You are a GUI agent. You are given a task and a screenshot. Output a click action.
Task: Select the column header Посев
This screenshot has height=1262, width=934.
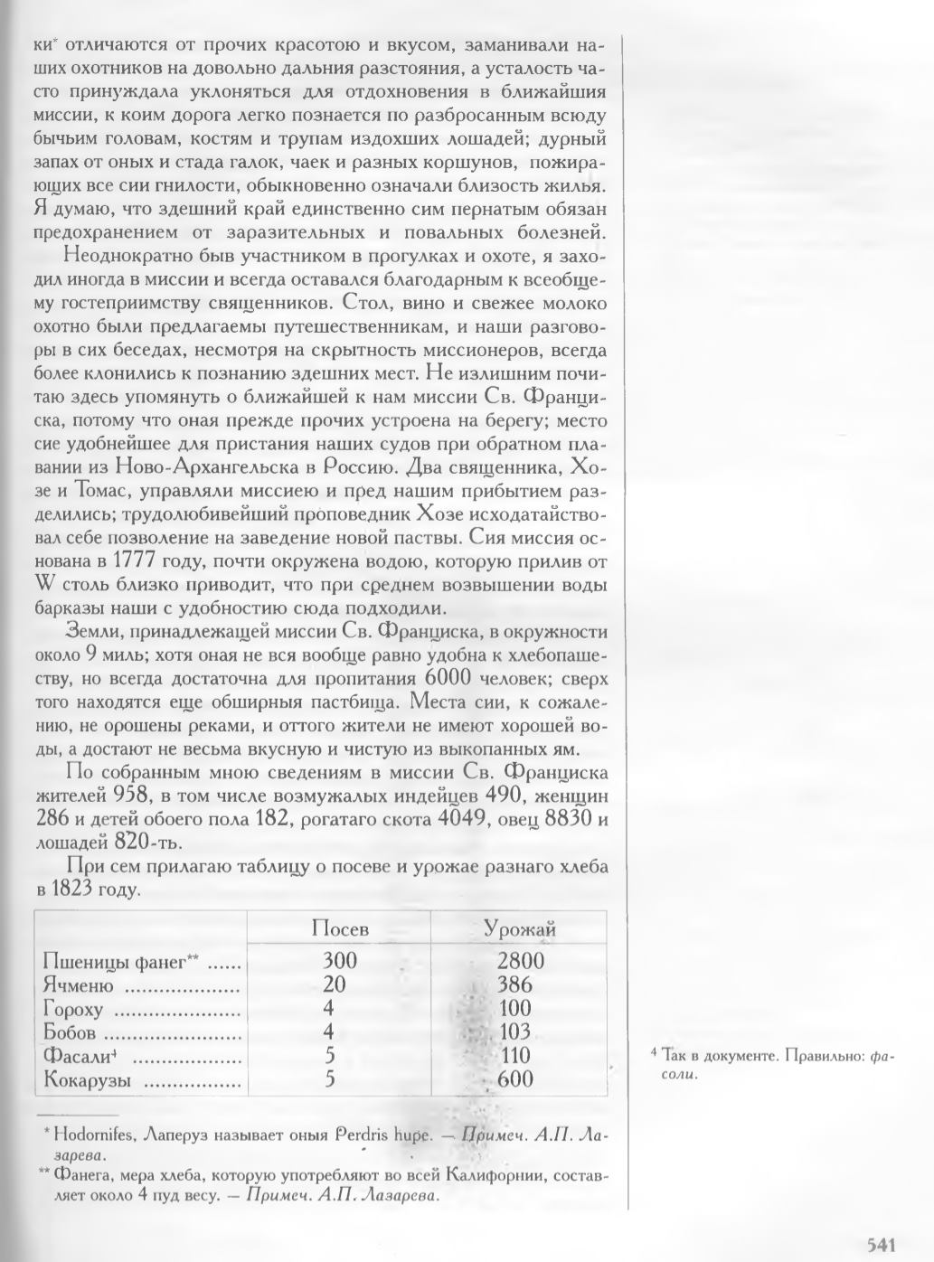pyautogui.click(x=340, y=929)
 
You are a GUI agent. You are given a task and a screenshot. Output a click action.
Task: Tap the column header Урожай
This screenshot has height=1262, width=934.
pyautogui.click(x=520, y=929)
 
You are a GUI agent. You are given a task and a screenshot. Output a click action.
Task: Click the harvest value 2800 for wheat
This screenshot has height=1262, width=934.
pyautogui.click(x=520, y=961)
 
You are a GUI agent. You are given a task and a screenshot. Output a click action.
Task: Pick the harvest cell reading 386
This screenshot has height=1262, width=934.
pyautogui.click(x=514, y=984)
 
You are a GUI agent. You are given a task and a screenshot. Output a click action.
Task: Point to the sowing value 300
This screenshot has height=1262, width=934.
pyautogui.click(x=340, y=961)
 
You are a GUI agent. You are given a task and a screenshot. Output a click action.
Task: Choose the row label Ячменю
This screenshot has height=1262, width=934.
pyautogui.click(x=78, y=985)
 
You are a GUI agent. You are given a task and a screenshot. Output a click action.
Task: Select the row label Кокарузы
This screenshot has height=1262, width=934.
pyautogui.click(x=87, y=1079)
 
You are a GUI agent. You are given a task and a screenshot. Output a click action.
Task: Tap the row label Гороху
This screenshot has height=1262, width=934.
pyautogui.click(x=73, y=1009)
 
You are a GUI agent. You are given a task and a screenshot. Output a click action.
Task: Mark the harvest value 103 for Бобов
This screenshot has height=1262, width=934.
pyautogui.click(x=514, y=1032)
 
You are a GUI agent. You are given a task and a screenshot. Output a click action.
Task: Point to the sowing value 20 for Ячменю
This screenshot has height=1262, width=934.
pyautogui.click(x=335, y=984)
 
